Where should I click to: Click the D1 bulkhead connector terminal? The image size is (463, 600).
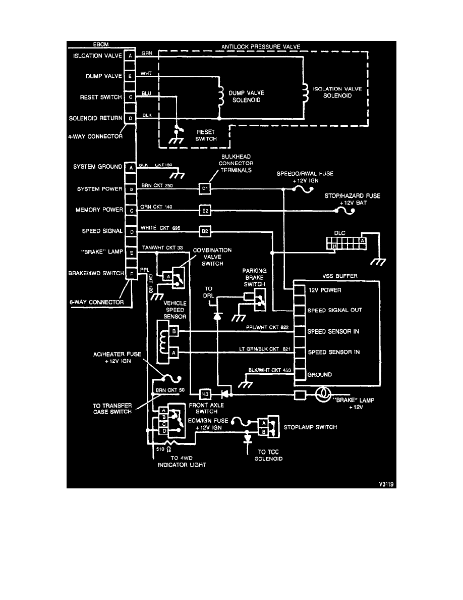[x=205, y=189]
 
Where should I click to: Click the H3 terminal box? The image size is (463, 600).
[x=205, y=393]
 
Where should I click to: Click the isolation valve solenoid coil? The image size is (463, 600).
[x=304, y=92]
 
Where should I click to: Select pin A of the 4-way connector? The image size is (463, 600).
[x=130, y=56]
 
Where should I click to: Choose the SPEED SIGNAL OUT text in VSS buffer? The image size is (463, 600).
[x=335, y=310]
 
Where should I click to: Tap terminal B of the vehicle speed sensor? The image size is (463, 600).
[x=173, y=332]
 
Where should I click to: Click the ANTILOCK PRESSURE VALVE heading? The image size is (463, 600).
[x=261, y=46]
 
